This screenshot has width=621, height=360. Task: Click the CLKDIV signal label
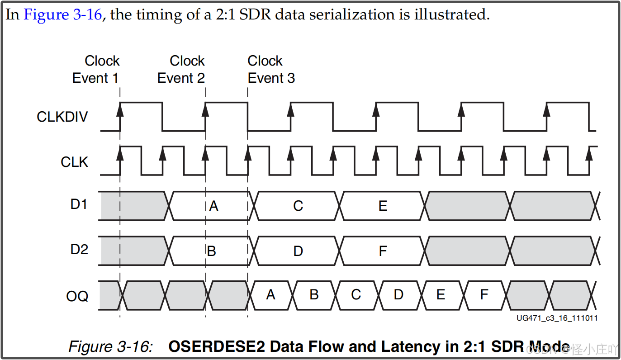click(x=62, y=117)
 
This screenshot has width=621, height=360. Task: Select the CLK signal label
click(x=75, y=162)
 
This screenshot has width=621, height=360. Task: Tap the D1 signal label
click(x=79, y=204)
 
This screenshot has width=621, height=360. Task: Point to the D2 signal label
click(x=79, y=249)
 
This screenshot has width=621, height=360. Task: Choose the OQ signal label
click(x=77, y=297)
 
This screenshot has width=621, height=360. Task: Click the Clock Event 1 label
click(x=95, y=69)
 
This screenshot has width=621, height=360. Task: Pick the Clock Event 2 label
click(x=181, y=69)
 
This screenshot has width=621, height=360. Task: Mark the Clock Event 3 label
click(x=271, y=69)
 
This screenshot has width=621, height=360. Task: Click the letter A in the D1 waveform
click(x=213, y=206)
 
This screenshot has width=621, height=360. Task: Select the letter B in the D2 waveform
click(x=211, y=251)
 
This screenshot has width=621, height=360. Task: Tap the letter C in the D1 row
click(x=298, y=206)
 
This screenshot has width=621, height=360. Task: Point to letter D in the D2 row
click(x=298, y=251)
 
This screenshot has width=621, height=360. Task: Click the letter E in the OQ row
click(x=440, y=295)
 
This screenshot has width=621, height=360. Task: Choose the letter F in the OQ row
click(x=484, y=295)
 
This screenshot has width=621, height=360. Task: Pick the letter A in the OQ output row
click(x=270, y=295)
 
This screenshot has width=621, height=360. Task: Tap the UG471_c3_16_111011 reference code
click(x=557, y=318)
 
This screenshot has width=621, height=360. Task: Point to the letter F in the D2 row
click(x=383, y=251)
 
